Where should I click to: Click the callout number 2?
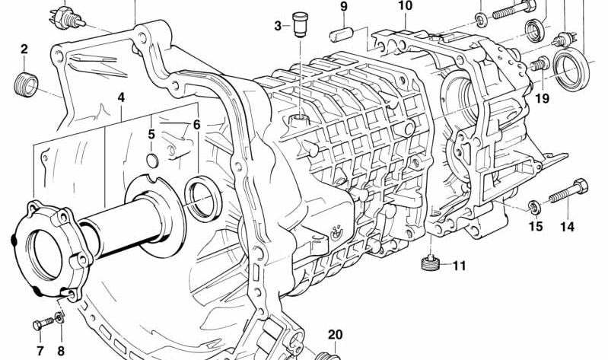coord(24,49)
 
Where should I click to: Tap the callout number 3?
coord(278,27)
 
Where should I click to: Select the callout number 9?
coord(344,7)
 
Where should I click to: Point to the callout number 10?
coord(405,6)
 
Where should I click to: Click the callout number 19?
coord(543,98)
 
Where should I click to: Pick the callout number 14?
coord(567,227)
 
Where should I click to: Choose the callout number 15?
coord(536,227)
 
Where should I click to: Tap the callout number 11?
coord(459,266)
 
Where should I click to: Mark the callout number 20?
coord(336,334)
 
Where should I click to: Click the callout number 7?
coord(40,351)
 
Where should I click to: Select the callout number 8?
coord(61,351)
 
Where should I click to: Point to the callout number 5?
coord(151,134)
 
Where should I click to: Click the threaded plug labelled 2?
coord(26,84)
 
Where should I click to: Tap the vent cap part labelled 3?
coord(301,24)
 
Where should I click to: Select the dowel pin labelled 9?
coord(341,34)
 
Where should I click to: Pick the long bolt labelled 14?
coord(568,191)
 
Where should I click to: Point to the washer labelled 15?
coord(535,208)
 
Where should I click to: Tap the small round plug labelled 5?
coord(152,161)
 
